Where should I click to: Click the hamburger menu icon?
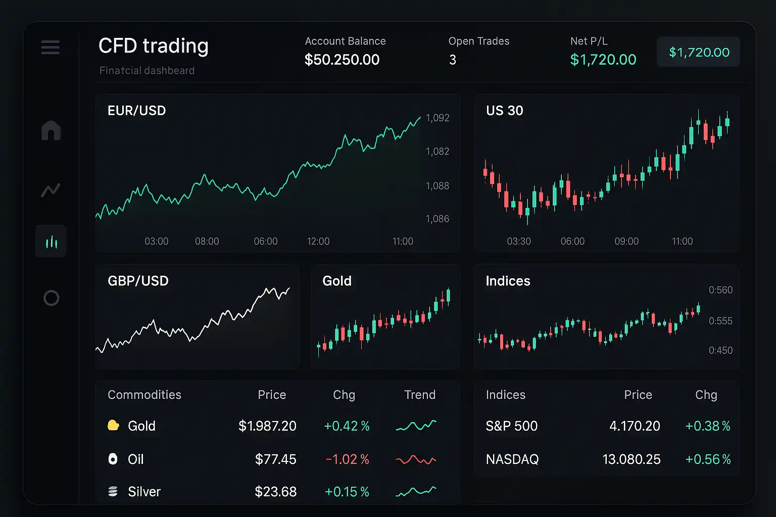tap(51, 47)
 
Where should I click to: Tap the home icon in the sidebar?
tap(51, 131)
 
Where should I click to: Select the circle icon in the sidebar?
tap(51, 298)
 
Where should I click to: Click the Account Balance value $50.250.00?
tap(342, 60)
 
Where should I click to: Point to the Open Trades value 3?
tap(453, 60)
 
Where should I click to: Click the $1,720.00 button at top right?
tap(699, 52)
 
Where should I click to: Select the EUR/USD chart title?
tap(136, 111)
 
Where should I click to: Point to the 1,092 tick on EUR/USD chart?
tap(438, 118)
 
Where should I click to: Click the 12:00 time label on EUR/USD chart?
tap(318, 241)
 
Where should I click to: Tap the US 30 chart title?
tap(504, 111)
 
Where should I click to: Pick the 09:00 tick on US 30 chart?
tap(626, 241)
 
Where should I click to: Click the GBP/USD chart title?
tap(138, 281)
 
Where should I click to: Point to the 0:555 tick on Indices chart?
tap(720, 321)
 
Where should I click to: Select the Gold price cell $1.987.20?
tap(267, 426)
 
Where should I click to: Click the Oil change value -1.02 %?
tap(348, 459)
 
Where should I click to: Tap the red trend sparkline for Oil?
tap(416, 459)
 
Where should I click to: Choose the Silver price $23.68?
tap(275, 492)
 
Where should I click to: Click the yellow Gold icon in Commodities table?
tap(113, 426)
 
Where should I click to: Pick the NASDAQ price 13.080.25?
tap(632, 459)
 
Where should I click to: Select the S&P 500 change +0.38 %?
tap(708, 426)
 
